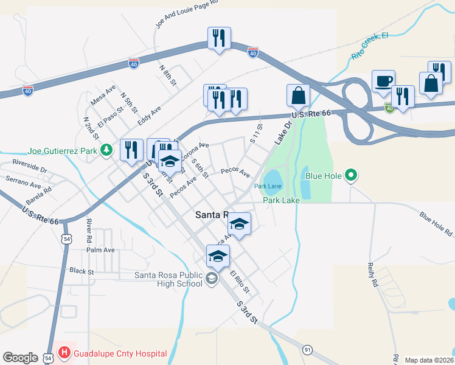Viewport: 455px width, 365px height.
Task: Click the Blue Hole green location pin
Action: click(x=350, y=176)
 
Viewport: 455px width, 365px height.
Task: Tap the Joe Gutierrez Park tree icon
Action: click(x=107, y=149)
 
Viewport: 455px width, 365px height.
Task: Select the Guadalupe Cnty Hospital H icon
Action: click(x=64, y=353)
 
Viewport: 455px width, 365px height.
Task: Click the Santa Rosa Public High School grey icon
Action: click(x=212, y=279)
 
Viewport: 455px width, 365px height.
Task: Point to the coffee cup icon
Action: click(x=383, y=81)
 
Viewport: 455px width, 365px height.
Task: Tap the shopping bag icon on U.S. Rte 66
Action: click(x=299, y=95)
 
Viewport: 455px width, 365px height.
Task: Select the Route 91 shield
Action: click(x=308, y=350)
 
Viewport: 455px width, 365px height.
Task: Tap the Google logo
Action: click(x=20, y=358)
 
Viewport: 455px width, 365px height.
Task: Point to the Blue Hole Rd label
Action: click(x=436, y=224)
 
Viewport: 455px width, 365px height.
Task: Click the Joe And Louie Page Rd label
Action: click(x=187, y=14)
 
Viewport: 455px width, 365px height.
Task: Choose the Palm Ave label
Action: click(x=100, y=250)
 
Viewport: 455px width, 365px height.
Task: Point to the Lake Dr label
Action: click(x=283, y=131)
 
